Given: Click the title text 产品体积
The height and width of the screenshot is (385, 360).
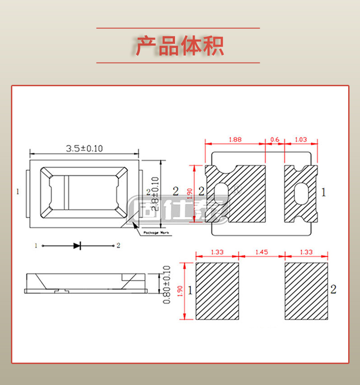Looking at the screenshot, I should [180, 46].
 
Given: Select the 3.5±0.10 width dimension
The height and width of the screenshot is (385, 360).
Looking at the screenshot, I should [84, 148].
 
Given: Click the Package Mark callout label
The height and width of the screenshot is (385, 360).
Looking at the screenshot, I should [156, 233].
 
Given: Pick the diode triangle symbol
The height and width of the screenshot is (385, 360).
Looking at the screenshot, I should [77, 245].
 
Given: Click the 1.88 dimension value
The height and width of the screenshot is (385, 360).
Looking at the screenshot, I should [235, 140].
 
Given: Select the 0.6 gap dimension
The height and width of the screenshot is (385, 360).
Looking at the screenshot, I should [275, 140].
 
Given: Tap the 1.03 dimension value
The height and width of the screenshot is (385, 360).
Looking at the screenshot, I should [301, 140].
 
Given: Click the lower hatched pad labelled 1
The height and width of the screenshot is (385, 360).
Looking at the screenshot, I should [217, 291].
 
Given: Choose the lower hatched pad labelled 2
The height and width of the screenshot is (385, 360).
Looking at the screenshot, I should [306, 291].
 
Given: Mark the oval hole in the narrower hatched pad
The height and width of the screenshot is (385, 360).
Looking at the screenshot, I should [301, 194].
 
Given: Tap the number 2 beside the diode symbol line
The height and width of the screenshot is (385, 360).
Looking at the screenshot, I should [118, 245].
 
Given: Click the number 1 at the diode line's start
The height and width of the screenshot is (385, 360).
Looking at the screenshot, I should [36, 245].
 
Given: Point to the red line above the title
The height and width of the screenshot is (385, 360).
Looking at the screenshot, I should [178, 28].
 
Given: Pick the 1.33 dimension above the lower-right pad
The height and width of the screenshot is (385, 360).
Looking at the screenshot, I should [306, 252].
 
